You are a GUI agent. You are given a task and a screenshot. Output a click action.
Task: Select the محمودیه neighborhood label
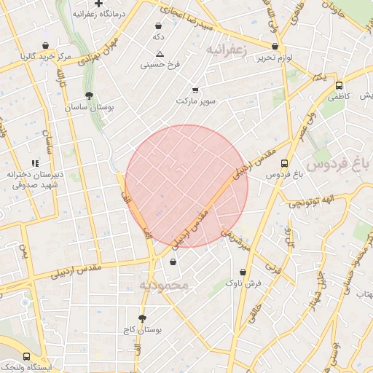[x=164, y=285]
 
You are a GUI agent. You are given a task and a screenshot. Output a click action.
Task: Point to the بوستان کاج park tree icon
[x=142, y=318]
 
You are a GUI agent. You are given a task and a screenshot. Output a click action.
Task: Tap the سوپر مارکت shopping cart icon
[x=195, y=90]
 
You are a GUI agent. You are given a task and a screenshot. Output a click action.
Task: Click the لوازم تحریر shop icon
[x=274, y=46]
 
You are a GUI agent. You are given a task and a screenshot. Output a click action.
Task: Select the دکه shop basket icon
[x=158, y=24]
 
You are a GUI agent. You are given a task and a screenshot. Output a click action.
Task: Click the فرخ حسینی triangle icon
[x=160, y=53]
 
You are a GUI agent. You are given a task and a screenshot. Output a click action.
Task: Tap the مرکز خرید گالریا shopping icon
[x=46, y=44]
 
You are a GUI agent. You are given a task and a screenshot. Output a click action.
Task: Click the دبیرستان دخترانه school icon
[x=34, y=164]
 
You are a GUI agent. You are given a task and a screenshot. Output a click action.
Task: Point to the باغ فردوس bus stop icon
[x=283, y=163]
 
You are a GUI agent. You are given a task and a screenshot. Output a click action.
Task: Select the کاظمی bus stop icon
[x=339, y=85]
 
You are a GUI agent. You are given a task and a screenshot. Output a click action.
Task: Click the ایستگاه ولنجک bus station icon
[x=27, y=356]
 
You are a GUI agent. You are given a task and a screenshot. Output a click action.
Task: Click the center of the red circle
[x=186, y=186]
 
